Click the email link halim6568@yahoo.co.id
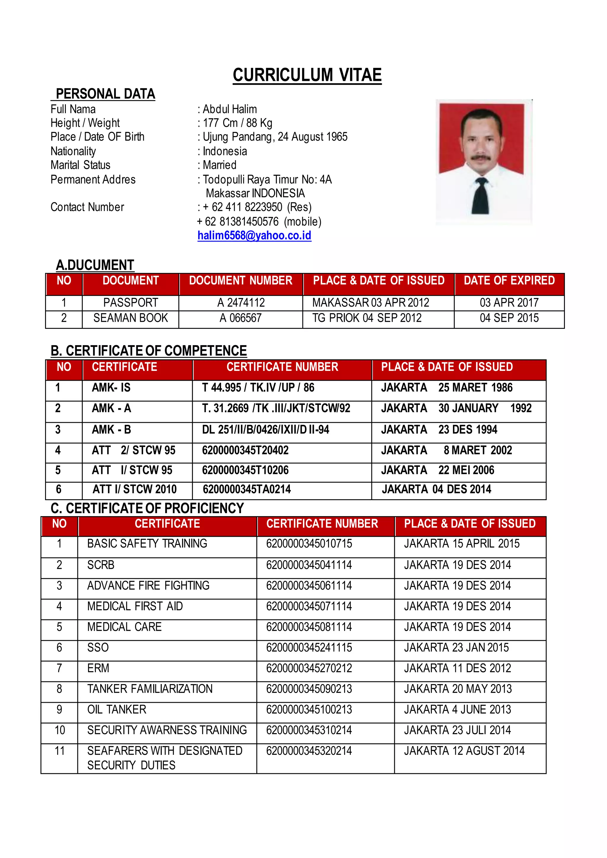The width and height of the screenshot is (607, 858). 254,236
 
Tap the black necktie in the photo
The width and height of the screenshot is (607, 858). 480,196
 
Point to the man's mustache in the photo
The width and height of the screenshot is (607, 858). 480,157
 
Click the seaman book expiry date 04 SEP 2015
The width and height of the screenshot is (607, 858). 509,318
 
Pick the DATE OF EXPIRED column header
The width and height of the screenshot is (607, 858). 509,281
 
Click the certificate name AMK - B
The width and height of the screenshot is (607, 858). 111,429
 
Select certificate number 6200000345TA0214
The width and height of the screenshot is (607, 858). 247,489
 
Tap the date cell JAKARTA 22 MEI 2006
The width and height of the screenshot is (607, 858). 437,470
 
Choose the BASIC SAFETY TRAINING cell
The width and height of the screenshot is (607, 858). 147,543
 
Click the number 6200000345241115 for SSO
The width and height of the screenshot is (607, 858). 309,647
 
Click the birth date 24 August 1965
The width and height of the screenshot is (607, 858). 312,137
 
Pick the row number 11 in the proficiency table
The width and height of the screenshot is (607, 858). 60,751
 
